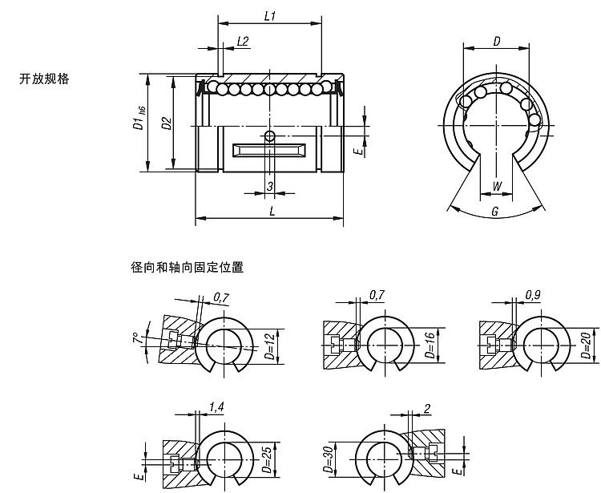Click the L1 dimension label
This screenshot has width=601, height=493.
point(270,16)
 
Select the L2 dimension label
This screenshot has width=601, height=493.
point(243,42)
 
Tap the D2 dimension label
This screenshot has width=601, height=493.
point(167,123)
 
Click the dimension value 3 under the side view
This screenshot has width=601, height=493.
point(270,186)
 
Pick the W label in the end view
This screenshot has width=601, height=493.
point(496,186)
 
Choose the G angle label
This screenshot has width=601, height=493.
point(495,211)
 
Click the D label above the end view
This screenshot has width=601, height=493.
point(497,42)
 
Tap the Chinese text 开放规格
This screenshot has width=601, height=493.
point(44,79)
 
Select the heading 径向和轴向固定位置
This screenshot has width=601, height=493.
point(187,267)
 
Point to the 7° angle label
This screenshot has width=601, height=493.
point(136,339)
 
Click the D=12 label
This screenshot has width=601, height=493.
point(270,346)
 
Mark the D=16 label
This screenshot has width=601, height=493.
point(431,346)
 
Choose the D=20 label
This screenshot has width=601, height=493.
point(587,346)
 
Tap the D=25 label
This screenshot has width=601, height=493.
point(268,459)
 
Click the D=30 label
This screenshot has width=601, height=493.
point(328,459)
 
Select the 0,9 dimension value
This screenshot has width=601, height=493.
point(533,295)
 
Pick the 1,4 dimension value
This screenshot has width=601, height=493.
point(216,407)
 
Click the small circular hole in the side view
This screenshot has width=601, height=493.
point(270,136)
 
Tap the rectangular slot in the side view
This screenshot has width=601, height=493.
point(269,150)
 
